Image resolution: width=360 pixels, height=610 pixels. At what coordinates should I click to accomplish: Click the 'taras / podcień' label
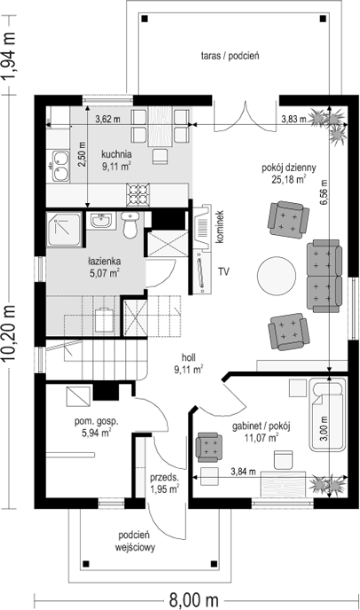[229, 55]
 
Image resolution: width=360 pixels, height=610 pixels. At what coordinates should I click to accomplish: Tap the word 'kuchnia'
[118, 152]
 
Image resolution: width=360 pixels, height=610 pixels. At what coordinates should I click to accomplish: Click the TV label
[224, 270]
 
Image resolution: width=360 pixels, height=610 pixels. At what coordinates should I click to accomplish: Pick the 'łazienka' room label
[105, 262]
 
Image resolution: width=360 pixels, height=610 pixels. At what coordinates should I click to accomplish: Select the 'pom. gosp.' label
[98, 422]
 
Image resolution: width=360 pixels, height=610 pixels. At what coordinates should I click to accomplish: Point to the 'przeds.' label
[164, 477]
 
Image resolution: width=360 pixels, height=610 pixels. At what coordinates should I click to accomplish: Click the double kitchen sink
[60, 160]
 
